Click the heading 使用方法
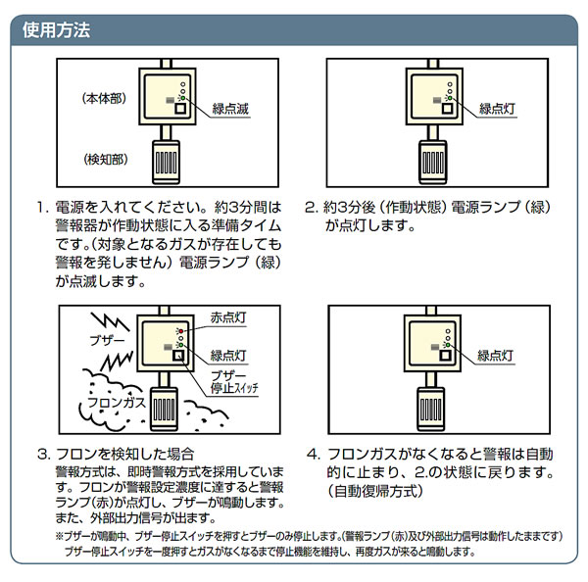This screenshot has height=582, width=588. [57, 30]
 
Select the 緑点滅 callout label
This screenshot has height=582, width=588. [229, 110]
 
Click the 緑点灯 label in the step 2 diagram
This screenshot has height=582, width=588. [498, 110]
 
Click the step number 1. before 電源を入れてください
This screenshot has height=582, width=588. [42, 209]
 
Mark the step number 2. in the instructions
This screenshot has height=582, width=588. [312, 209]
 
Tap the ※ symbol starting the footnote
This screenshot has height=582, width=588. [61, 537]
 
